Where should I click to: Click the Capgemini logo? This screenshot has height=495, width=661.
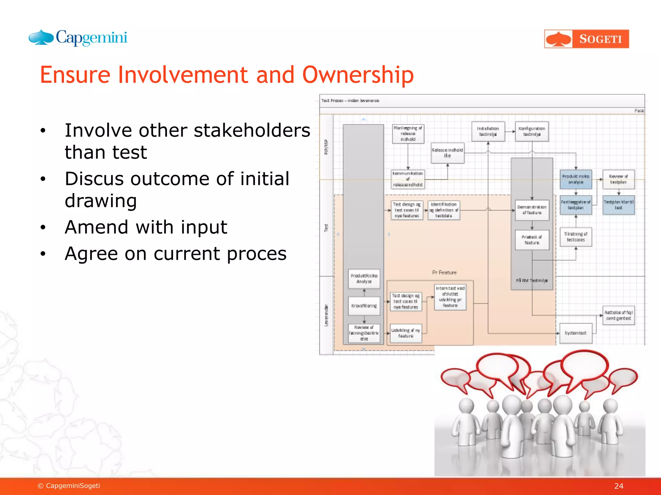(78, 38)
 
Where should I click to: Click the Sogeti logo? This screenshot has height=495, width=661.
(586, 39)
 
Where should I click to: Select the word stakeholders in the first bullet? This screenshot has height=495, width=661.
(252, 131)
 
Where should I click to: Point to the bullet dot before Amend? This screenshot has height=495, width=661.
(43, 228)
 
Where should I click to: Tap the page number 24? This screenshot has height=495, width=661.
(618, 486)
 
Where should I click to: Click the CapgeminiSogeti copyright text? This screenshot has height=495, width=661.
(69, 486)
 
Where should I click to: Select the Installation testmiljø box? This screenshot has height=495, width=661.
(488, 131)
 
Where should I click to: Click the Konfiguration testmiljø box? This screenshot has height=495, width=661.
(532, 131)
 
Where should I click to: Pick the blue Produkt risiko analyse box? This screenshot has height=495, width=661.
(575, 179)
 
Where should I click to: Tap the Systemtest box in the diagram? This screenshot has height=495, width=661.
(575, 333)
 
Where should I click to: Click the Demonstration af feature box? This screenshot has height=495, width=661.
(532, 210)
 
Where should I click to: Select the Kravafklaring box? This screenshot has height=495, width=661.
(364, 306)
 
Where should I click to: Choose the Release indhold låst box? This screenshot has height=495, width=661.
(447, 153)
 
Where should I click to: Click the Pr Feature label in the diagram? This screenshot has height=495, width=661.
(444, 273)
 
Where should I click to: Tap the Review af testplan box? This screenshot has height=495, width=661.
(618, 179)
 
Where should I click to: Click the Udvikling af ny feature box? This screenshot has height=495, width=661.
(406, 333)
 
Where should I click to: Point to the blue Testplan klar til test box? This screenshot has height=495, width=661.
(618, 205)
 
